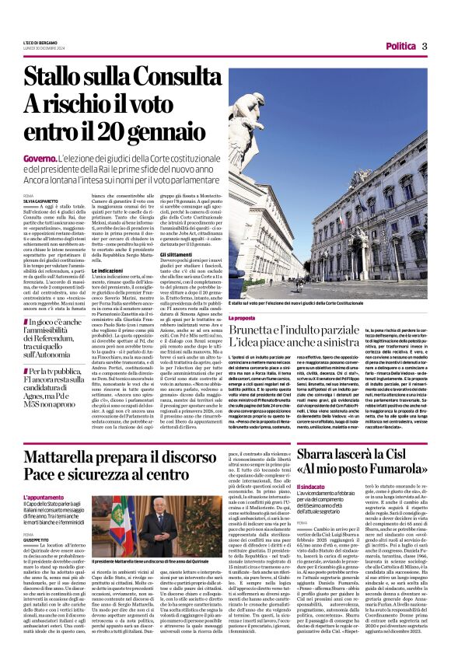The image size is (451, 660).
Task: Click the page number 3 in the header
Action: (x=425, y=46)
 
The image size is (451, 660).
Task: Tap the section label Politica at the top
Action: (x=400, y=47)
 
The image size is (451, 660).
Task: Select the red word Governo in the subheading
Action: (x=40, y=158)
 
